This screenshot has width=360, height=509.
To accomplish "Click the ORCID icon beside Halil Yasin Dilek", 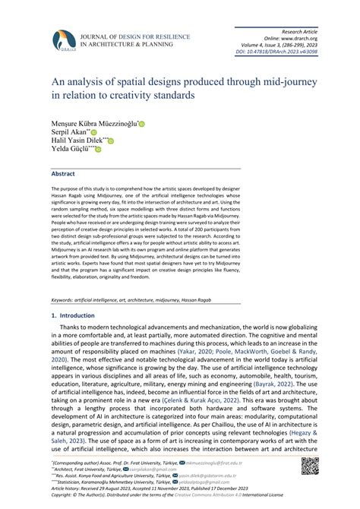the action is pos(111,141).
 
